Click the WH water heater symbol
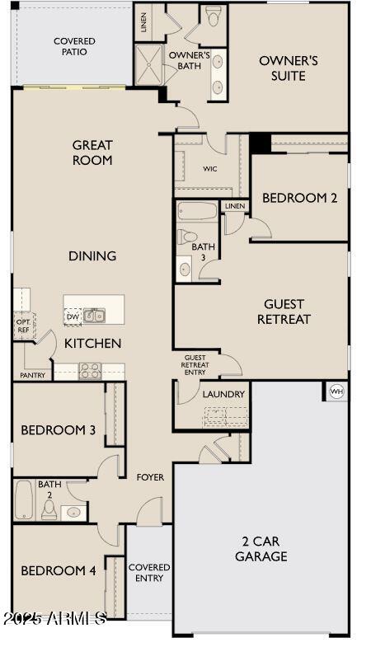tap(336, 391)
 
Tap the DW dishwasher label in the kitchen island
tap(72, 316)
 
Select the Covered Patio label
tap(74, 46)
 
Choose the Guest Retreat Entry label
tap(195, 364)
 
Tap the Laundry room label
tap(223, 394)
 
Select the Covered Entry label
tap(149, 573)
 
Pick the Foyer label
tap(150, 477)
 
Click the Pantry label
tap(32, 375)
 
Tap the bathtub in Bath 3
tap(197, 211)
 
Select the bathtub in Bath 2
tap(23, 499)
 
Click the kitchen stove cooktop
tap(90, 370)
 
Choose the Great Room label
tap(92, 152)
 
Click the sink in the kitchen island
tap(94, 315)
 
